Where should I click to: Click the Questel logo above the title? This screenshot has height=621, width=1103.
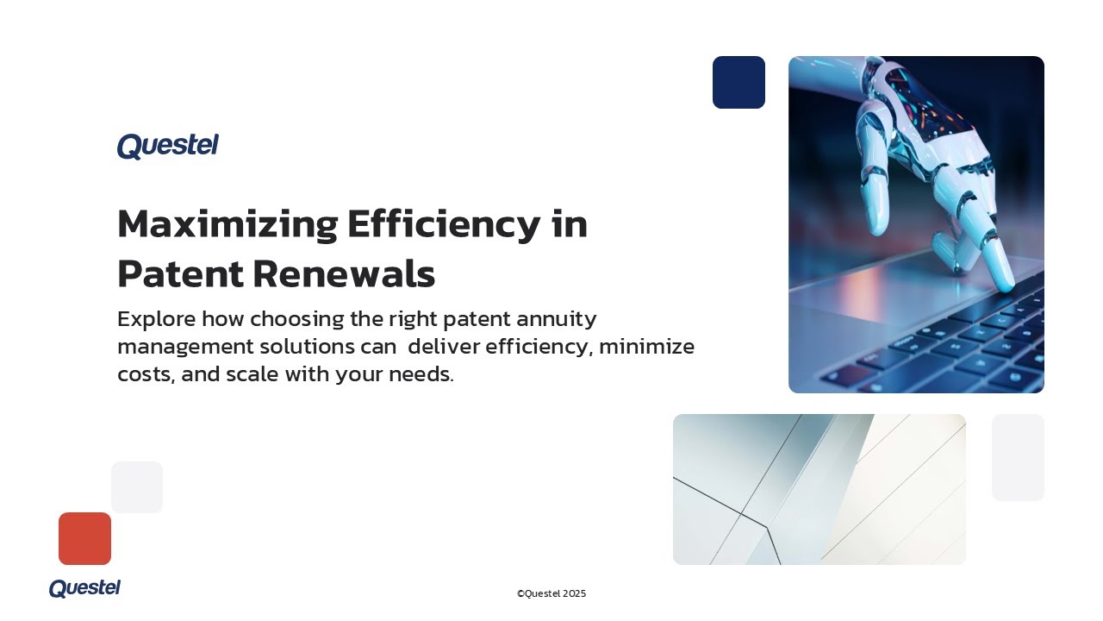click(167, 146)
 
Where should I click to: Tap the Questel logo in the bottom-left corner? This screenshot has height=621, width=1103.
click(84, 588)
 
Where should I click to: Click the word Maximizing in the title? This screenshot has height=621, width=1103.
click(227, 225)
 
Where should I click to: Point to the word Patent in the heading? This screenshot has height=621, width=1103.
click(179, 274)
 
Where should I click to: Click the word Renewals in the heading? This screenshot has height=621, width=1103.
click(344, 274)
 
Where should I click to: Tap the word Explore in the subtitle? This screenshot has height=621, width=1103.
click(156, 319)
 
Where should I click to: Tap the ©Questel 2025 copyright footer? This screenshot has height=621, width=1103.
click(551, 593)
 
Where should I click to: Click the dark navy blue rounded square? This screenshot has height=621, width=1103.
click(738, 83)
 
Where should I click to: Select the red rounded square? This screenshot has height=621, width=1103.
click(84, 538)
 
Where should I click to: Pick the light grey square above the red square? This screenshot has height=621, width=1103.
click(137, 487)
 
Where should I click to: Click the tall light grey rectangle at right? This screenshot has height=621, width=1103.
click(1018, 457)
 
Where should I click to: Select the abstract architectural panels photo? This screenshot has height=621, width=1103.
click(819, 489)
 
